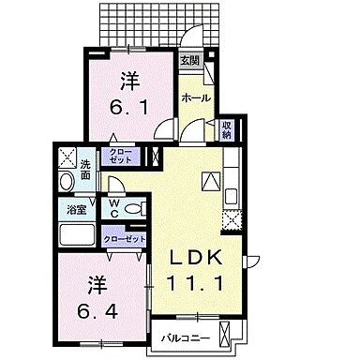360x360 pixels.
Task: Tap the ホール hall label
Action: coord(195,97)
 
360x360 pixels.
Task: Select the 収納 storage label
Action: coord(226,129)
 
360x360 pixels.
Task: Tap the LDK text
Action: coord(200,257)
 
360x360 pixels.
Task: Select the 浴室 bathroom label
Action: coord(72,209)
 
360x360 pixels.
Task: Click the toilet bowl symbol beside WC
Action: coord(134,208)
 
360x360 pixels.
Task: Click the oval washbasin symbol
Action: coord(67,181)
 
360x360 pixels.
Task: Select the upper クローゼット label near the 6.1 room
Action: coord(121,157)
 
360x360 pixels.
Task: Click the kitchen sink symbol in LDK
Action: coord(231,196)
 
